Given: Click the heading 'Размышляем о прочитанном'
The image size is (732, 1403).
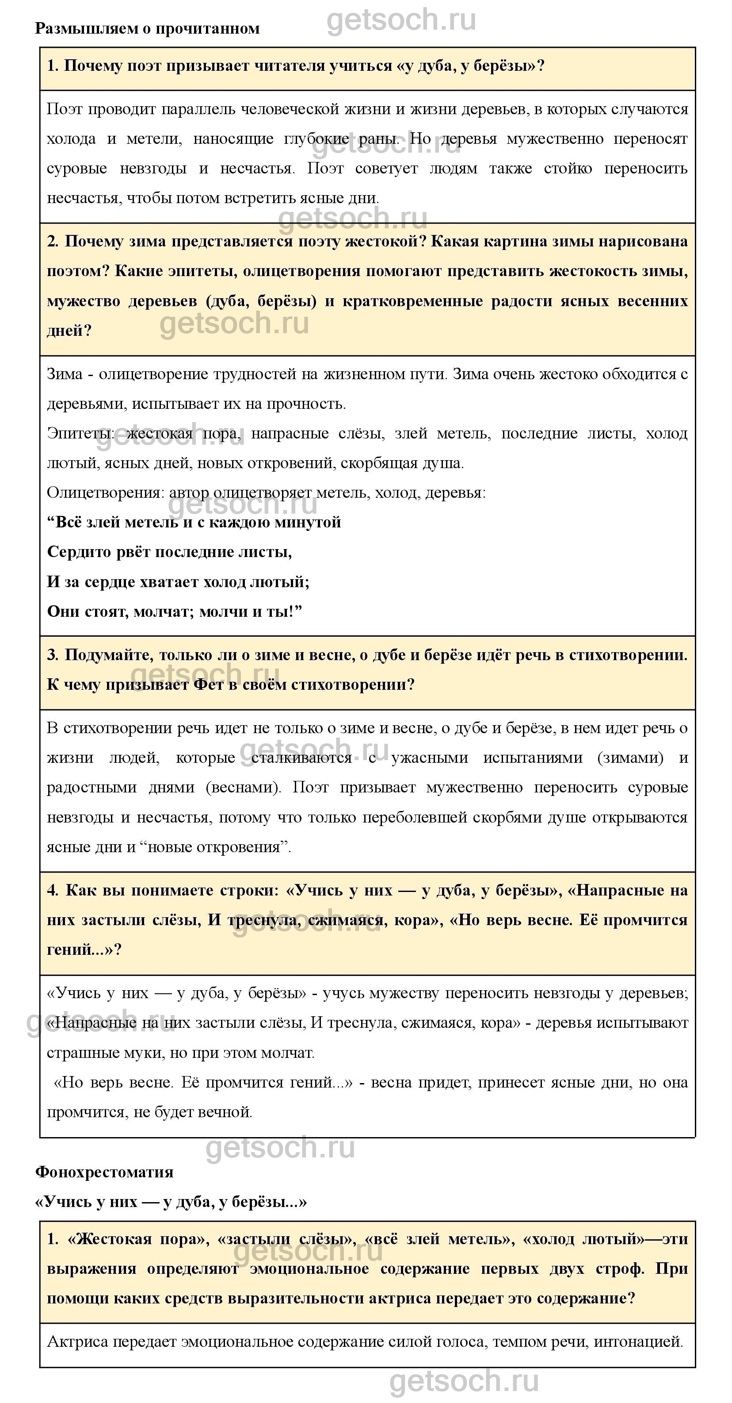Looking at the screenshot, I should coord(147,28).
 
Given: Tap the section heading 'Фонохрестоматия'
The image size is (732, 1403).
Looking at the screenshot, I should coord(104,1172).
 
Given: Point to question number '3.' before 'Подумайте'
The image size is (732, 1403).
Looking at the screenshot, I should coord(53,655).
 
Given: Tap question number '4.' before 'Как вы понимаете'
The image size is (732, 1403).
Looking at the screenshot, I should coord(53,891).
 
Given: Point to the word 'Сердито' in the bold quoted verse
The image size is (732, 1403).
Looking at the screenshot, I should coord(76,552).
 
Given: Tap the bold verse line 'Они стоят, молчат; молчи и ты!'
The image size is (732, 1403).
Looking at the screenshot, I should coord(174,611).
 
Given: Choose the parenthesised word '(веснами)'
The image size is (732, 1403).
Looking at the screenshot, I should coord(243,788).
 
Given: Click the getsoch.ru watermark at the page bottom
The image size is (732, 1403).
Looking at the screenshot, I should coord(464,1382).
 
